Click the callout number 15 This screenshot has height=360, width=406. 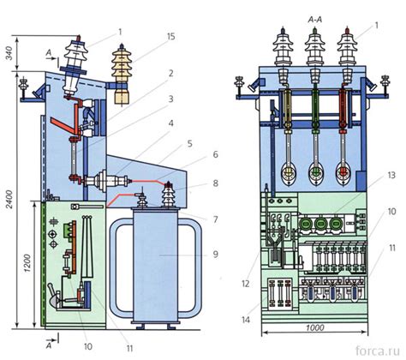tap(170, 37)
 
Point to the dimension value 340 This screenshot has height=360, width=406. tap(9, 53)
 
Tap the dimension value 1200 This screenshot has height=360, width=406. tap(27, 263)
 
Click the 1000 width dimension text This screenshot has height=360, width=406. tap(314, 327)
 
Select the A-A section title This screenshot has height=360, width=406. tap(315, 20)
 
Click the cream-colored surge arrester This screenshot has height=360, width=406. tap(122, 75)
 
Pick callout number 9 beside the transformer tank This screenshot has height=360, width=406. tap(216, 254)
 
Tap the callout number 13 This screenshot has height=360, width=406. tap(391, 175)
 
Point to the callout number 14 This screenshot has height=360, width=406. tap(246, 320)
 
